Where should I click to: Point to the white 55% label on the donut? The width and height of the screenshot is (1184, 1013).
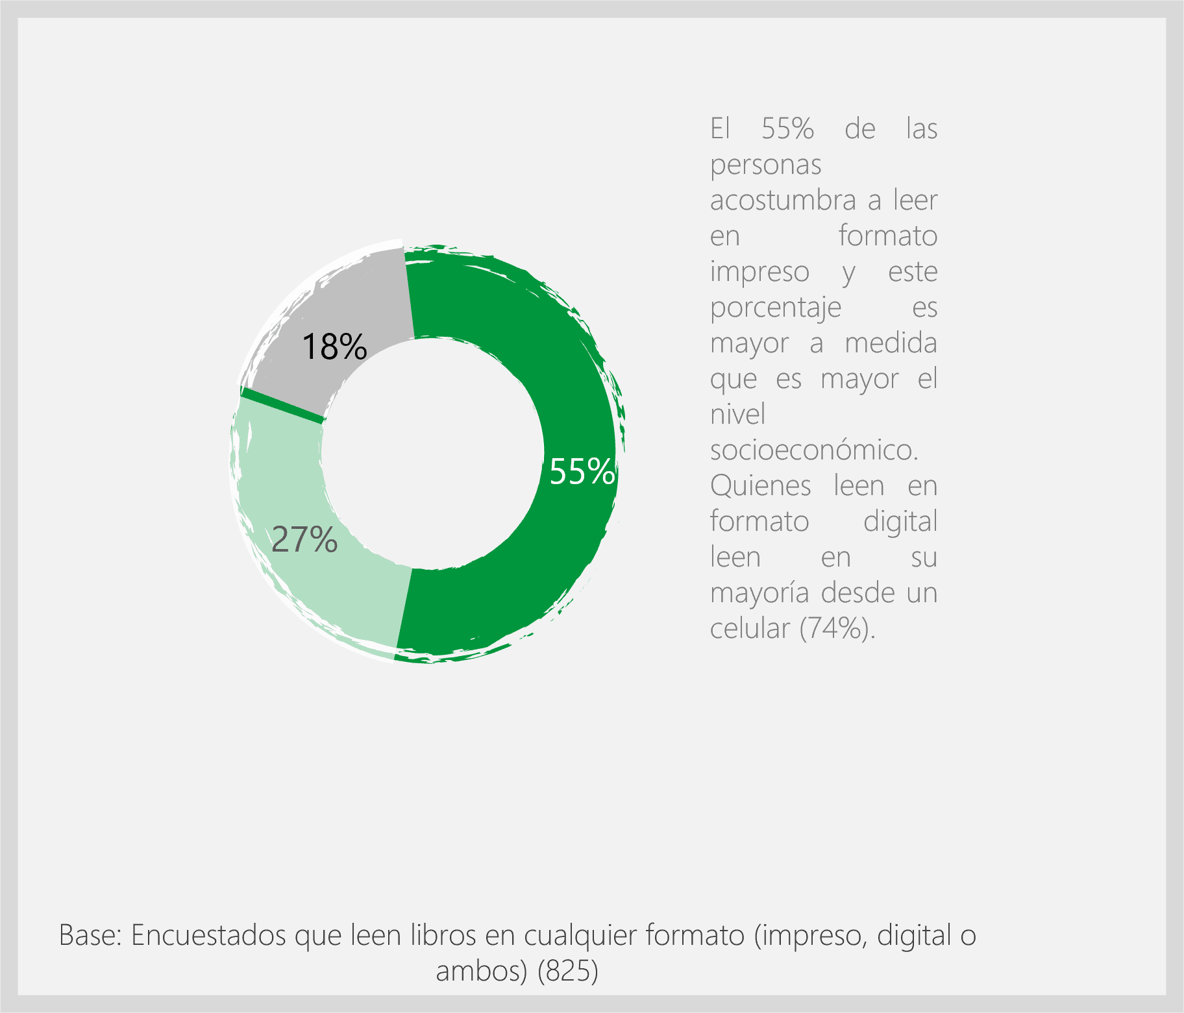[582, 472]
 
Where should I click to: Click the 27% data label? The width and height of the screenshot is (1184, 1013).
[304, 539]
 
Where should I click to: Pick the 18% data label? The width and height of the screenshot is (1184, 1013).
[334, 347]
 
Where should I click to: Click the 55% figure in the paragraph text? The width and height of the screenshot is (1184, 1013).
[787, 128]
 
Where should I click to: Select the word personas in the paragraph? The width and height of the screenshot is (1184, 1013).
[765, 165]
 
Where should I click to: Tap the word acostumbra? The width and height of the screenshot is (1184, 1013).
[782, 201]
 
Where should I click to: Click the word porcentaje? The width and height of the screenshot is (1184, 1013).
[775, 308]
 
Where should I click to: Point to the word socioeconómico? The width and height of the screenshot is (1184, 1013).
[814, 450]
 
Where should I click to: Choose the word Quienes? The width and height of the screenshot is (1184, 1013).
[760, 485]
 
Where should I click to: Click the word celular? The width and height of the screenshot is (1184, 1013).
[750, 628]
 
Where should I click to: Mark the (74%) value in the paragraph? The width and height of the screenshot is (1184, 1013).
[837, 628]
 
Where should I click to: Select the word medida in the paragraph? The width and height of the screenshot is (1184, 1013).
[891, 343]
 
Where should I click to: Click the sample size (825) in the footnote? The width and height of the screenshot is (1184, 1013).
[568, 971]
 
